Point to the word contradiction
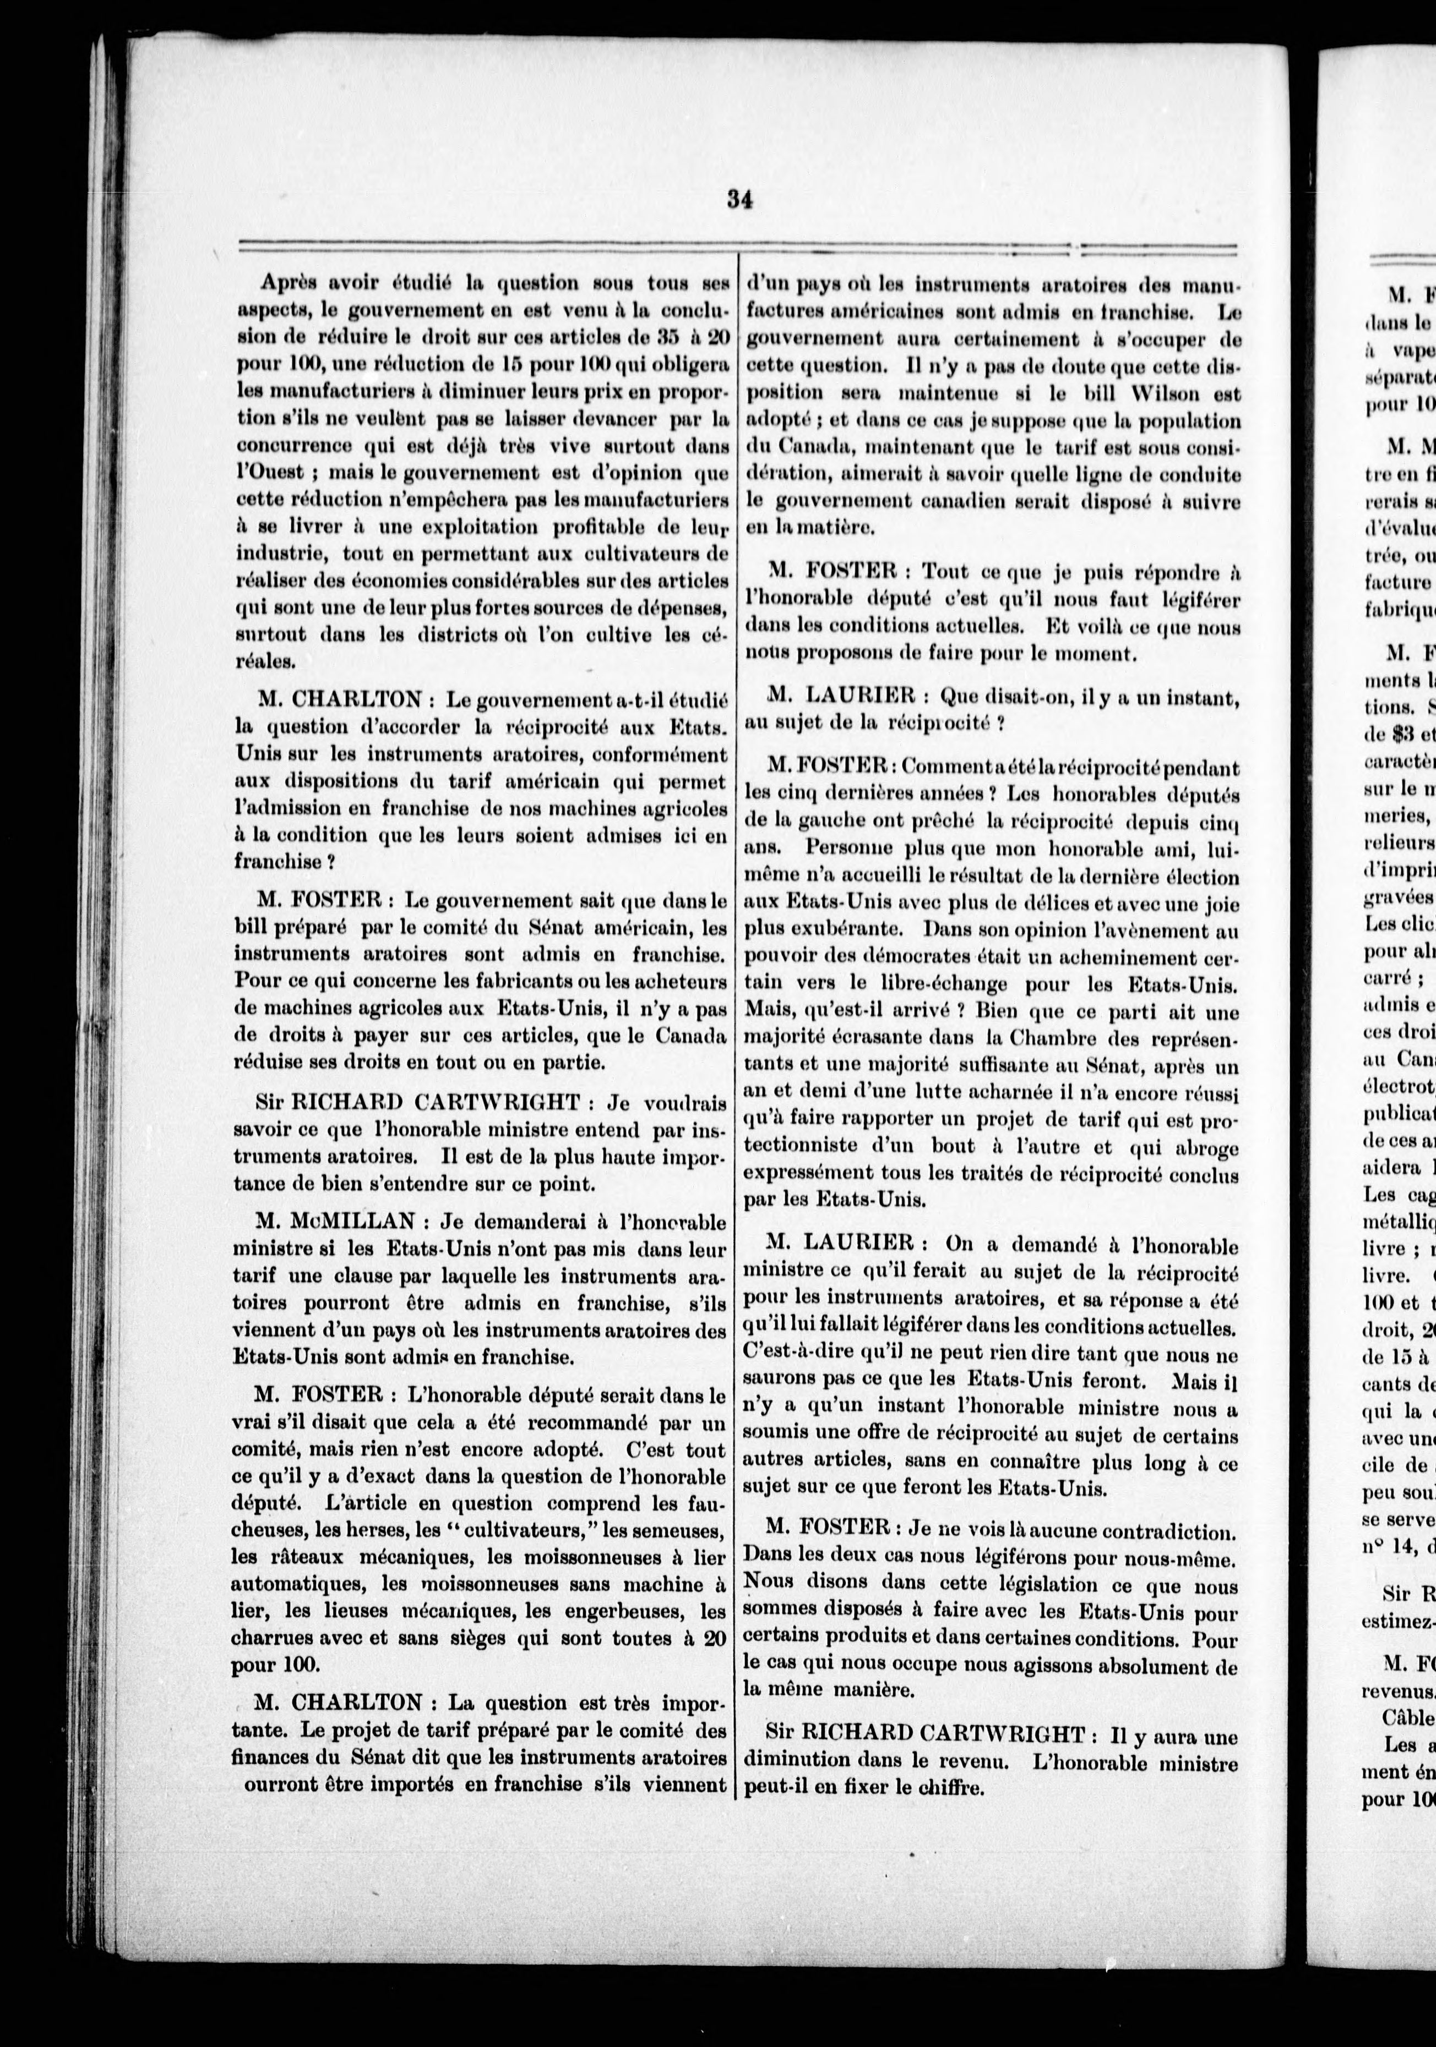click(x=1160, y=1532)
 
